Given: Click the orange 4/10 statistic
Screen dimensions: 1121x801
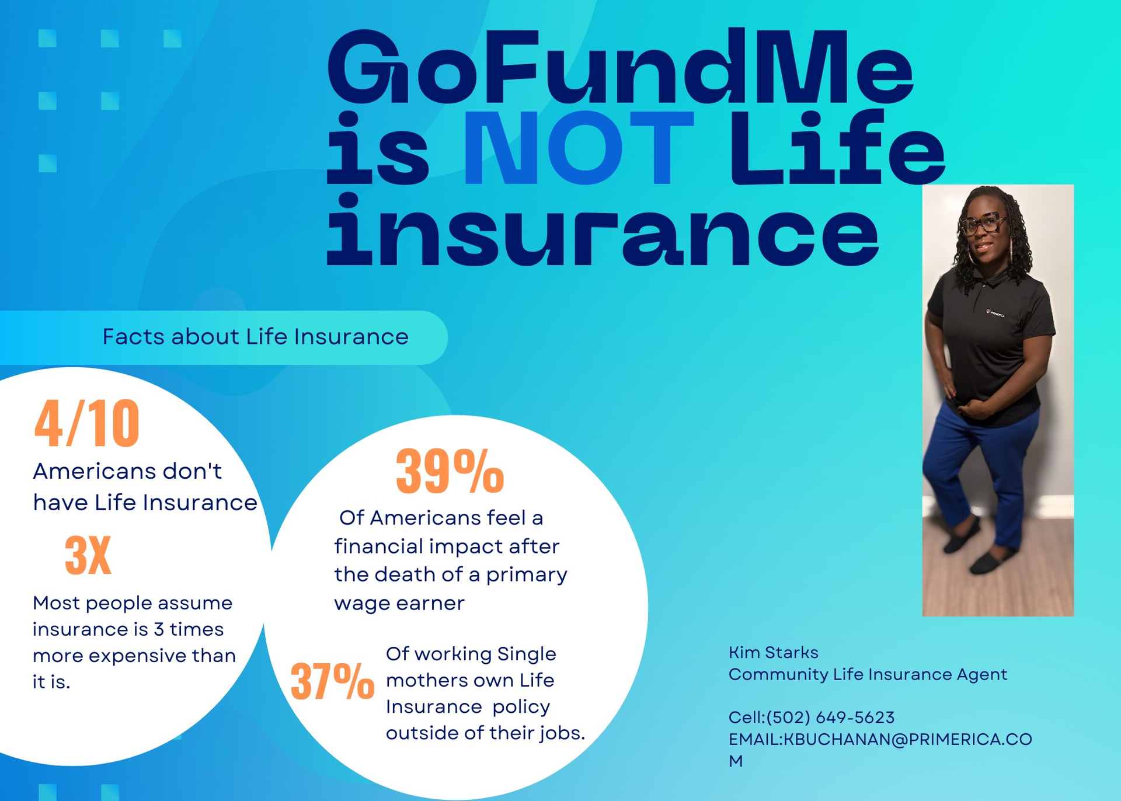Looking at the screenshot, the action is (87, 423).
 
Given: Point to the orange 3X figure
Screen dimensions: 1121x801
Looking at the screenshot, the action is (88, 555).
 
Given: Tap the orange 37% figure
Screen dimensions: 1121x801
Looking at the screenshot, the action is (332, 681).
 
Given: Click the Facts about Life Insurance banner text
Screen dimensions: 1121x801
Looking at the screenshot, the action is (255, 337).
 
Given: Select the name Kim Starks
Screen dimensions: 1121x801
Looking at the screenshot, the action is (773, 652).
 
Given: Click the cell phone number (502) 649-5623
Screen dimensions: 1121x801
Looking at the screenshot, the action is (830, 718).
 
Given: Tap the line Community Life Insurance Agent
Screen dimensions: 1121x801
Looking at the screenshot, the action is (868, 674).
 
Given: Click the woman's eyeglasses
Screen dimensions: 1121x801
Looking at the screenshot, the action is (983, 224).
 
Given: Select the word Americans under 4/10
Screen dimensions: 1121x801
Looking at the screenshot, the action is (93, 471).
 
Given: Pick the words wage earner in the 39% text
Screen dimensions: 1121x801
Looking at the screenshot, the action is (399, 603).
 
